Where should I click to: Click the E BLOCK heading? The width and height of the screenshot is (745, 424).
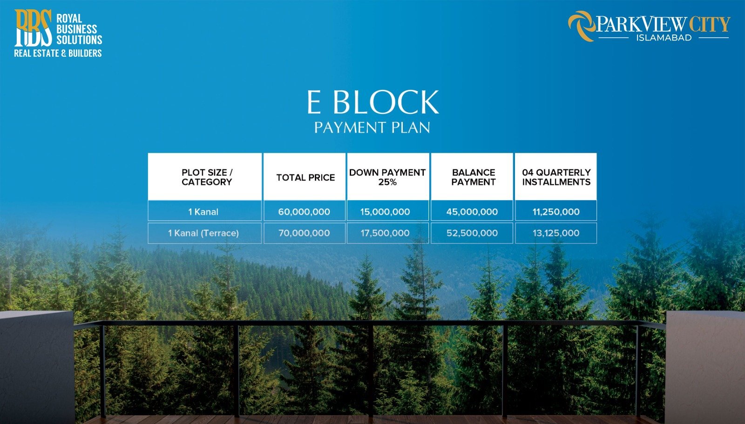(372, 102)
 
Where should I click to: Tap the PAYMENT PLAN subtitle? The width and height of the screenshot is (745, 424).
(372, 128)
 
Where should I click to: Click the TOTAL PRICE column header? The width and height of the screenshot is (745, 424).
(305, 177)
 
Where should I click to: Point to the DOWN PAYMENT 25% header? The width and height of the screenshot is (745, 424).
(387, 177)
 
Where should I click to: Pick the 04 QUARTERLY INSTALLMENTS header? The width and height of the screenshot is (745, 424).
(556, 177)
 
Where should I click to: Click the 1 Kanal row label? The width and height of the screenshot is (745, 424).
(203, 212)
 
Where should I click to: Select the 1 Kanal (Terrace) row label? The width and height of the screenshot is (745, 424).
(203, 233)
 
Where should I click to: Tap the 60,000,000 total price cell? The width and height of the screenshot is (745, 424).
(304, 212)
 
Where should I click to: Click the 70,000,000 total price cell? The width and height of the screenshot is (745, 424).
(304, 233)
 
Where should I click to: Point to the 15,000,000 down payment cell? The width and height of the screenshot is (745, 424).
(385, 212)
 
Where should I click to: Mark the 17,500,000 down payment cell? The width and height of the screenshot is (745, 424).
(385, 233)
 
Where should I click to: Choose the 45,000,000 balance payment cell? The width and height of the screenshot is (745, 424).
(472, 212)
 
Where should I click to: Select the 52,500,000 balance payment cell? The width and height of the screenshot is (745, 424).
(472, 233)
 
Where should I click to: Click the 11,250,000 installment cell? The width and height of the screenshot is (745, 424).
(556, 212)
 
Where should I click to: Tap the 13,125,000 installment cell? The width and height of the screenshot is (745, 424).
(556, 233)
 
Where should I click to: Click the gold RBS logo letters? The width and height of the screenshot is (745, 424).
(33, 28)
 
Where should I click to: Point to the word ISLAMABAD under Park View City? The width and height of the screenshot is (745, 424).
(664, 38)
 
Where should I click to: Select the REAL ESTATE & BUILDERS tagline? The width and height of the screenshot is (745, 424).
(58, 54)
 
